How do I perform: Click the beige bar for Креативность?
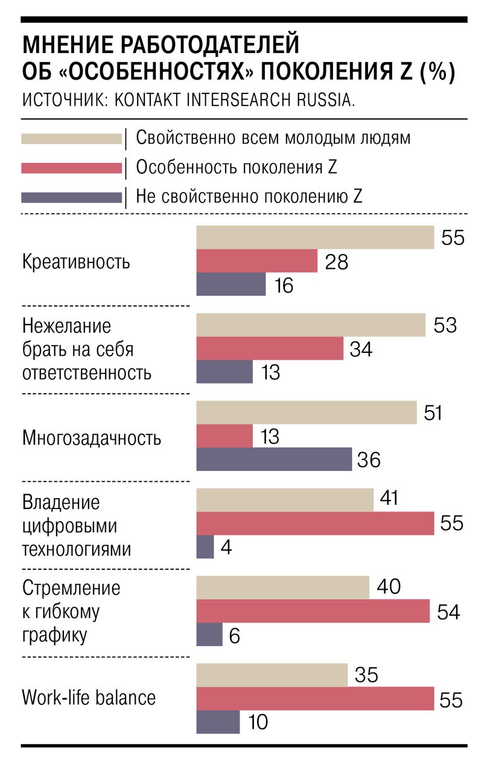coord(315,237)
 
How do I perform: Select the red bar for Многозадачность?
coord(224,436)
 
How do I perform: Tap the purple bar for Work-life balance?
coord(218,721)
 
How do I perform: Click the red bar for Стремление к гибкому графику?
coord(313,610)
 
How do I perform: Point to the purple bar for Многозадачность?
coord(274,459)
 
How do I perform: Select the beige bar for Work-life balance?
coord(272,675)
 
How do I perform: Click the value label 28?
coord(336,262)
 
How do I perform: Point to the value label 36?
coord(368,460)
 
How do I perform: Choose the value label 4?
coord(227,548)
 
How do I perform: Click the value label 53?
coord(445,326)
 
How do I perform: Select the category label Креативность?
coord(76,262)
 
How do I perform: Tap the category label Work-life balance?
coord(89,698)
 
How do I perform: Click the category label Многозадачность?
coord(91,437)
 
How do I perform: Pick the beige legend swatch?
coord(71,139)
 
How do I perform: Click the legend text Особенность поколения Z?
coord(236,167)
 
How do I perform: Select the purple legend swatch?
coord(71,197)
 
